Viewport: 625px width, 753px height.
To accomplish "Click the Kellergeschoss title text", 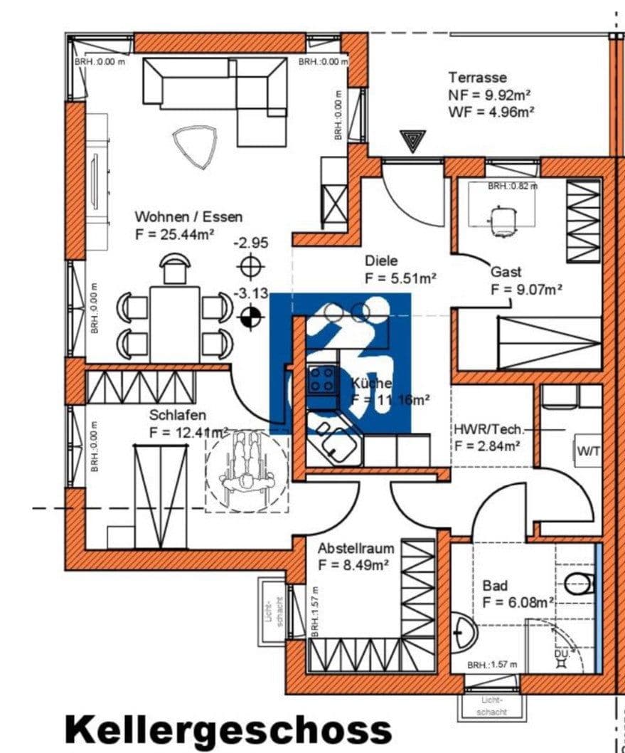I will pos(228,731).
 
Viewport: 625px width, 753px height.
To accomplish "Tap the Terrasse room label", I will pos(477,77).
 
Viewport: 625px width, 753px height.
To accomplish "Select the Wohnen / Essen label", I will pos(188,216).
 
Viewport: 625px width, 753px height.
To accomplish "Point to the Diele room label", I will pos(381,261).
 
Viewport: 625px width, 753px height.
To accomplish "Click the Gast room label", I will pos(506,272).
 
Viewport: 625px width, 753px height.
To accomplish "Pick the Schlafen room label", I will pos(178,415).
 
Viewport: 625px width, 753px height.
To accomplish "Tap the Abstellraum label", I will pos(356,549).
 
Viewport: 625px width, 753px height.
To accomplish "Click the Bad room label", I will pos(495,586).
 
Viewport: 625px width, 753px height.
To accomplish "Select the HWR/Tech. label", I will pos(489,429).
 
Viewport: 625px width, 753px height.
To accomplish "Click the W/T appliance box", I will pos(587,451).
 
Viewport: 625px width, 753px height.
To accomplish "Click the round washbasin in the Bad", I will pos(465,631).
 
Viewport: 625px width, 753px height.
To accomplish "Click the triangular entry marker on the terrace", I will pos(412,139).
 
